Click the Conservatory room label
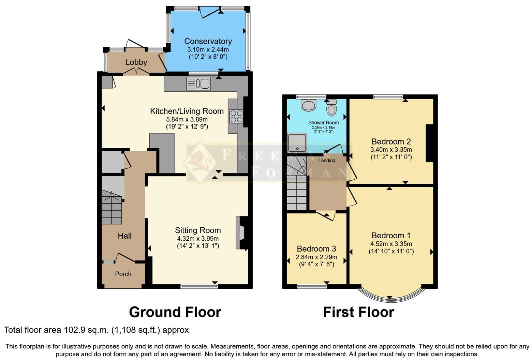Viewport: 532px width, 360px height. [x=208, y=41]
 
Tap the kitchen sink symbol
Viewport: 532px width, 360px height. [x=198, y=84]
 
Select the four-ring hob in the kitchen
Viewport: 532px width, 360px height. [x=236, y=116]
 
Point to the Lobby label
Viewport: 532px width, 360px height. [x=136, y=62]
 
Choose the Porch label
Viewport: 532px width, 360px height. [x=123, y=274]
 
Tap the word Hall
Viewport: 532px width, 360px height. [x=124, y=236]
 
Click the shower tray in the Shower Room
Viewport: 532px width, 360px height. [x=297, y=142]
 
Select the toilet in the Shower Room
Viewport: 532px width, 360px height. [x=331, y=108]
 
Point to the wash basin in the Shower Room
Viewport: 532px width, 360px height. [x=309, y=105]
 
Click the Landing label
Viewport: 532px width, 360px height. [x=327, y=161]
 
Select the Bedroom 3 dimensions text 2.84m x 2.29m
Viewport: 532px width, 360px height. [x=316, y=257]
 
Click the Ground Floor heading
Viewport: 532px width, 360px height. [x=175, y=312]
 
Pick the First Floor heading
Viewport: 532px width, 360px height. [x=358, y=312]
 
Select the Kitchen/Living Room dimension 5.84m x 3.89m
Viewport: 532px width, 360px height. [x=187, y=119]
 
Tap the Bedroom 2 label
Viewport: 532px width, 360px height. [x=391, y=141]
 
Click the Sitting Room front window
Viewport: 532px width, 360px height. [x=199, y=286]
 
